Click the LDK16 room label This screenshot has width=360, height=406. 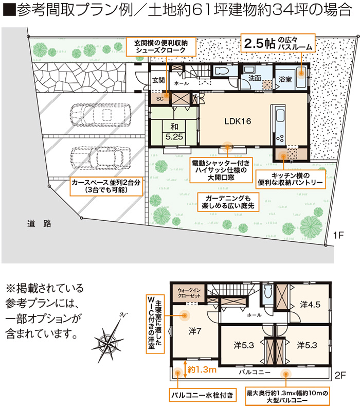(238, 121)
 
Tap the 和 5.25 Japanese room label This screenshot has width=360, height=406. (174, 132)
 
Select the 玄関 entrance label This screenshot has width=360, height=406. (158, 80)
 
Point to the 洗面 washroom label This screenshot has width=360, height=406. (255, 78)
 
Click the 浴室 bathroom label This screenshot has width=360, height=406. (285, 79)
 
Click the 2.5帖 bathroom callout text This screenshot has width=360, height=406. (278, 43)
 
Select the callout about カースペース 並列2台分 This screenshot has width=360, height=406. (106, 186)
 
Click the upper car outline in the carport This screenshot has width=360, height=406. (100, 115)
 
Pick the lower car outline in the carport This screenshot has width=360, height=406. (100, 157)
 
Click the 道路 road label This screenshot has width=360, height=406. (39, 223)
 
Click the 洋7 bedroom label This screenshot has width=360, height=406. (194, 331)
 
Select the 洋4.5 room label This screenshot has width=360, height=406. (310, 305)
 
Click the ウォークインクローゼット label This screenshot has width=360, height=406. (189, 293)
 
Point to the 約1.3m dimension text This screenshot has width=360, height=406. (202, 369)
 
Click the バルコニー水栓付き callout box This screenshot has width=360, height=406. (203, 395)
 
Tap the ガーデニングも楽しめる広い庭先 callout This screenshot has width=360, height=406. (228, 202)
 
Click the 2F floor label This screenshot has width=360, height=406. (340, 375)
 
